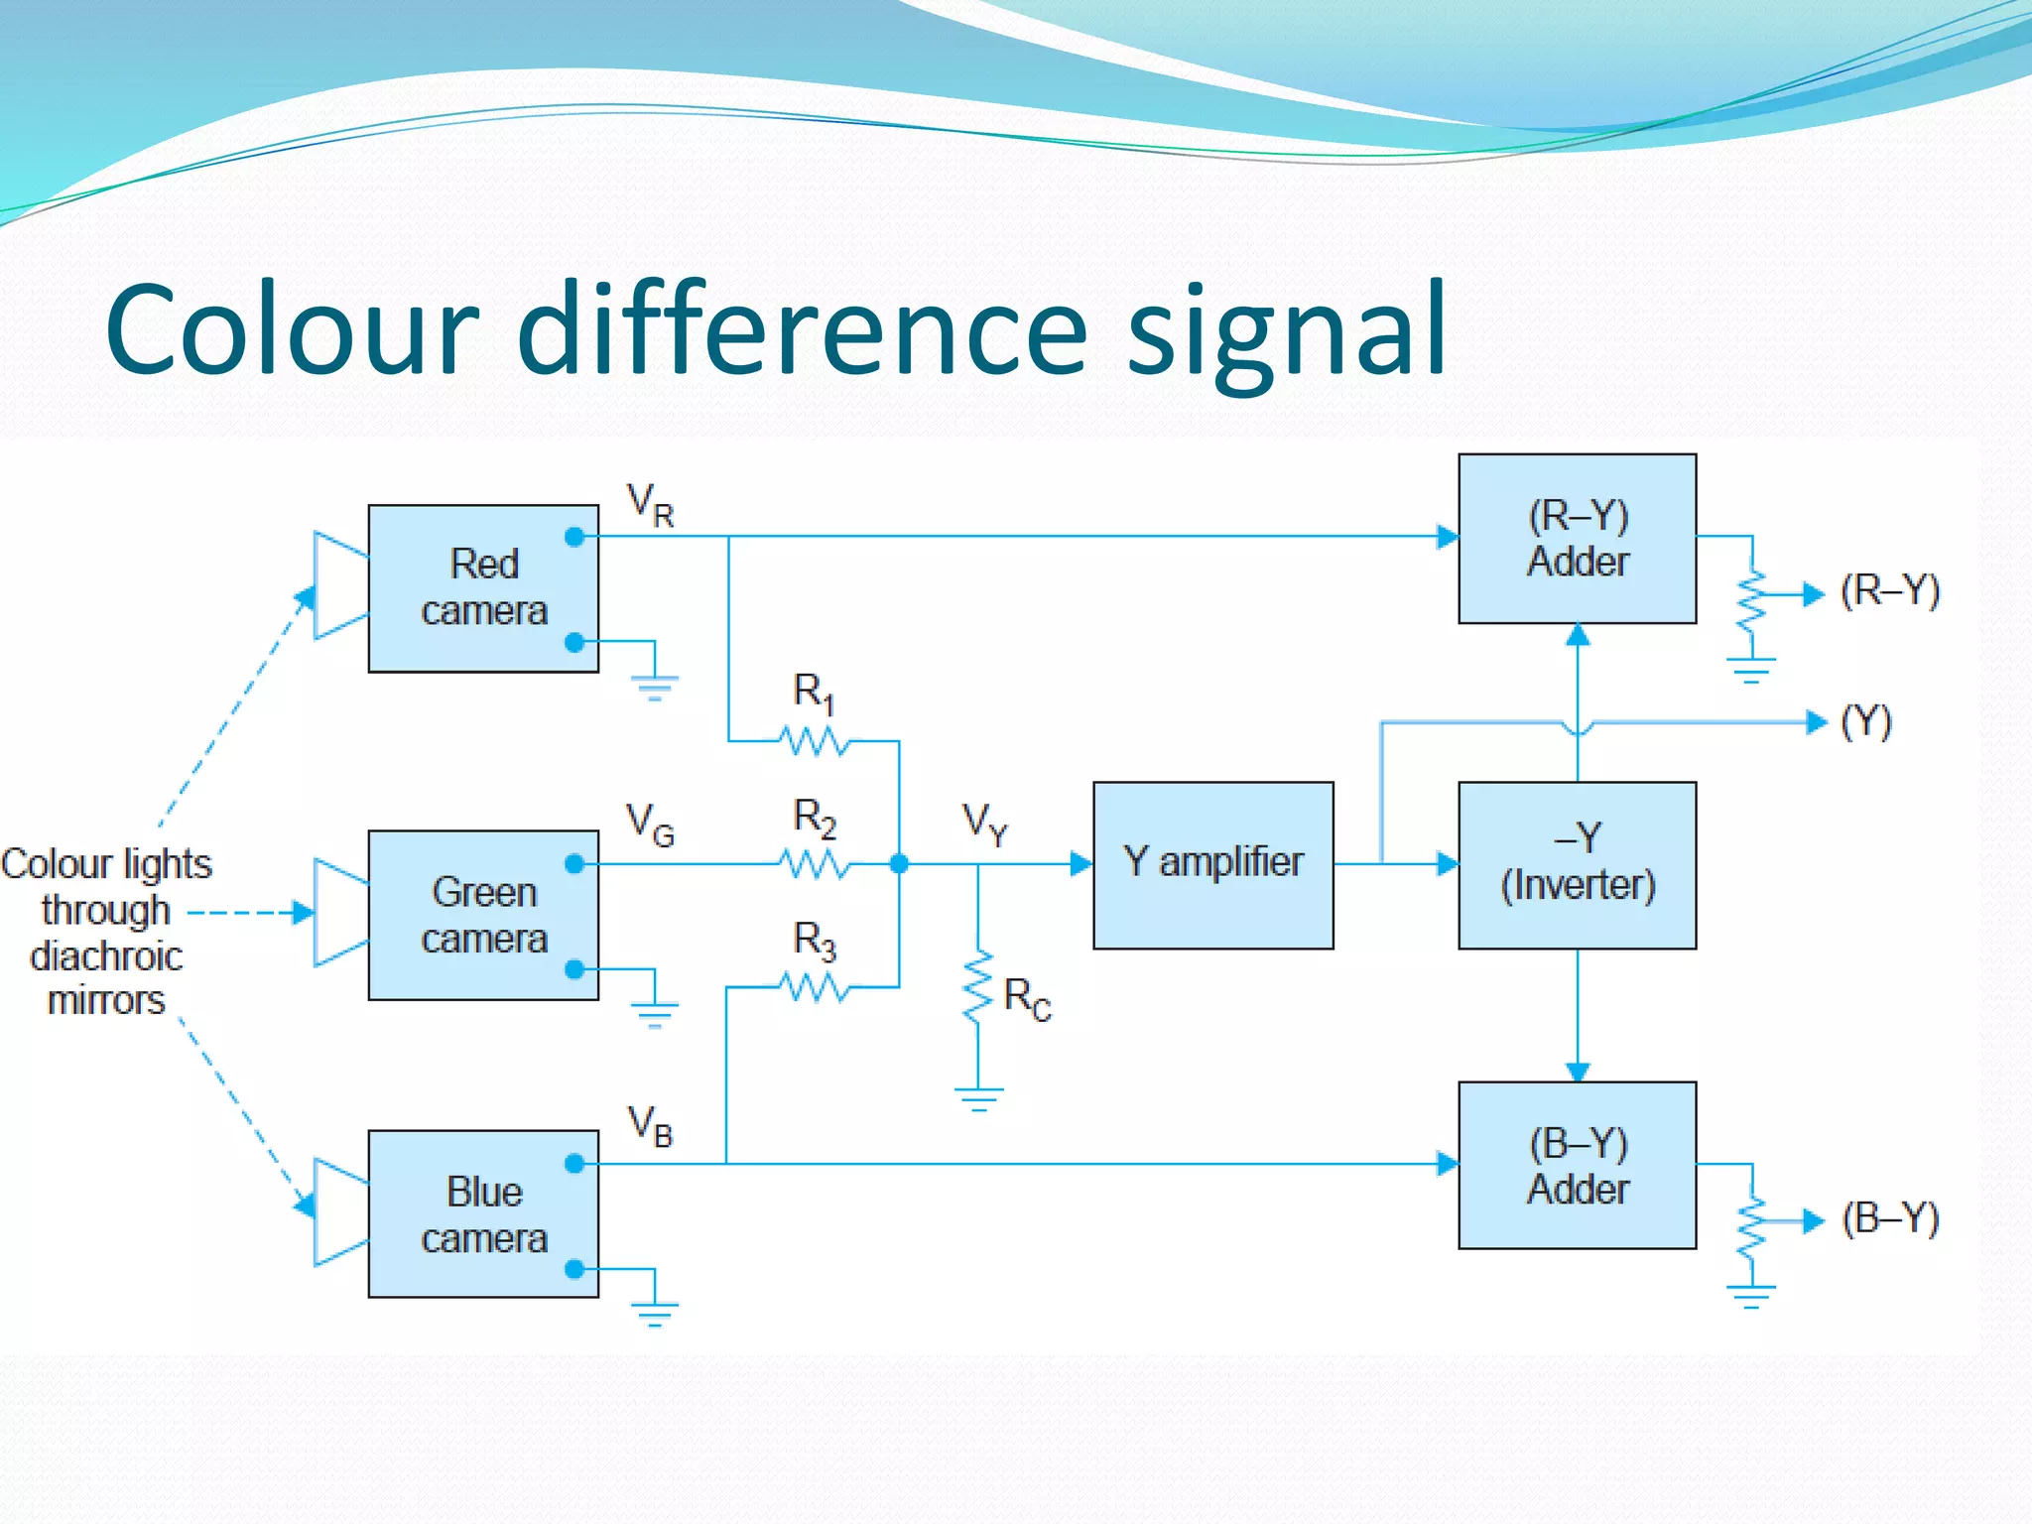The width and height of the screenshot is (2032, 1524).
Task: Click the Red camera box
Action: pos(483,587)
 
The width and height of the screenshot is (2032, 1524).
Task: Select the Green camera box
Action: pos(483,914)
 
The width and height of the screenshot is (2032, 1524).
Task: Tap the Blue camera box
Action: pos(483,1213)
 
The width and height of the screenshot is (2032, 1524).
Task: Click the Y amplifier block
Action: pos(1212,864)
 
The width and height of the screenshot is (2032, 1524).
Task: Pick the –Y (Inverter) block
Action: pos(1577,864)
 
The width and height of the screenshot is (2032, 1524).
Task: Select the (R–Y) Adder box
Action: pos(1577,539)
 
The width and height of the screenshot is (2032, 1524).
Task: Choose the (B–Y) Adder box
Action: pos(1577,1165)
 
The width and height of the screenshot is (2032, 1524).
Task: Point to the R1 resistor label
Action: pos(814,693)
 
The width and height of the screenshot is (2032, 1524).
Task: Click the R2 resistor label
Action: pos(815,819)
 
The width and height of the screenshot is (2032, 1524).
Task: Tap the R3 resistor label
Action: pos(815,941)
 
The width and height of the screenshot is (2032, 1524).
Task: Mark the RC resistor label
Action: pos(1027,998)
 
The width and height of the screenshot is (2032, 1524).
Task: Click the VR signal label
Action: pos(651,505)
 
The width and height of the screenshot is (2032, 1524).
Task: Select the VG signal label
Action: pos(650,825)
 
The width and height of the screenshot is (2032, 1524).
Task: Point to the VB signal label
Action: pos(651,1126)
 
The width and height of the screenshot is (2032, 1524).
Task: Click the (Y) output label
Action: pos(1866,722)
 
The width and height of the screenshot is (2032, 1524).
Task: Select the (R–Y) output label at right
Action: pos(1889,591)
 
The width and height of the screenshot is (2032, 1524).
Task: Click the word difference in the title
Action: pos(802,329)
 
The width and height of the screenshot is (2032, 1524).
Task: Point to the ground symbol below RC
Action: pos(978,1098)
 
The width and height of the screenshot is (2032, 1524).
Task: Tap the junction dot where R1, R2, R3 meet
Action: pos(899,864)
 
